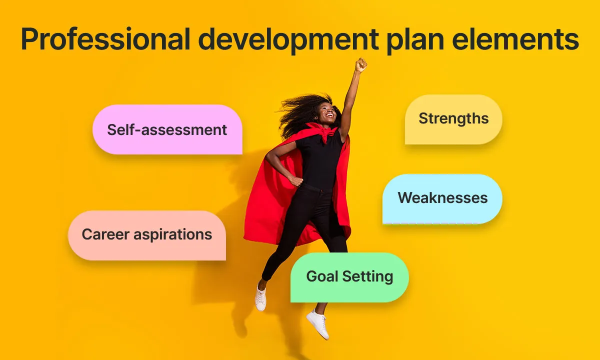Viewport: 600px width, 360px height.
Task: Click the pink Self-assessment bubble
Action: pos(167,129)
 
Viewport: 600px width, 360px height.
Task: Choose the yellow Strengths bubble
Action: pos(453,119)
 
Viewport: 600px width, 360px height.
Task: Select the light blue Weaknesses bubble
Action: pos(442,198)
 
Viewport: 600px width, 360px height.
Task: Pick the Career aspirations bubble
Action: pos(147,234)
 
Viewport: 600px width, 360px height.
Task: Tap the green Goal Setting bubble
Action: pos(349,277)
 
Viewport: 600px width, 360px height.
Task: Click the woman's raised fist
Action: pos(360,64)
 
